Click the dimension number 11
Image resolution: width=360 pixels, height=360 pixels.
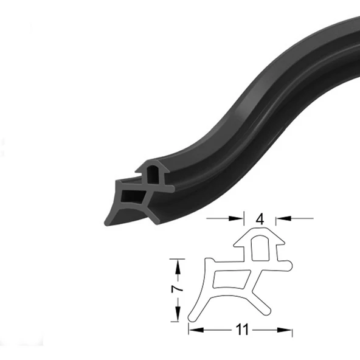coord(241,330)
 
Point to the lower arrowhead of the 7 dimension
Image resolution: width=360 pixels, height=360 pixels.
coord(178,318)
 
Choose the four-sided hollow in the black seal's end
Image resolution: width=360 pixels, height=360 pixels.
coord(133,196)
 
